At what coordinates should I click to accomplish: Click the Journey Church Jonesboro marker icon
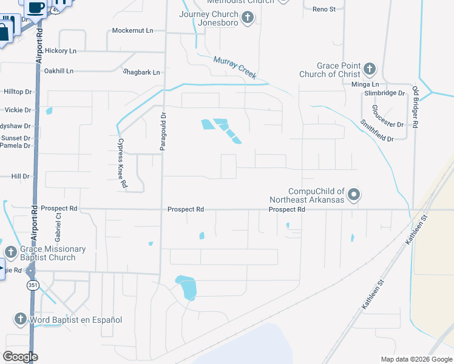pos(247,18)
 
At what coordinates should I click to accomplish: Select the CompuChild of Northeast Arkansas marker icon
pos(355,195)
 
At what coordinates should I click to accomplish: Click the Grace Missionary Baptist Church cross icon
pos(10,252)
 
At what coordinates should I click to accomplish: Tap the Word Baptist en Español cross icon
pos(20,319)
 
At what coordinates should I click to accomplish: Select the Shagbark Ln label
pos(141,72)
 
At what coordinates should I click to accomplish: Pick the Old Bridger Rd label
pos(416,107)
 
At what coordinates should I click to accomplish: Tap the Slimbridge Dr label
pos(384,93)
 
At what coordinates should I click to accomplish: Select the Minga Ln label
pos(365,84)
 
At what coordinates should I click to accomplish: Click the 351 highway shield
pos(31,285)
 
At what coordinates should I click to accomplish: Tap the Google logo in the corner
pos(20,357)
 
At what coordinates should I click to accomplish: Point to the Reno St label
pos(324,9)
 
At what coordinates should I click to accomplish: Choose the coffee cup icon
pos(36,7)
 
